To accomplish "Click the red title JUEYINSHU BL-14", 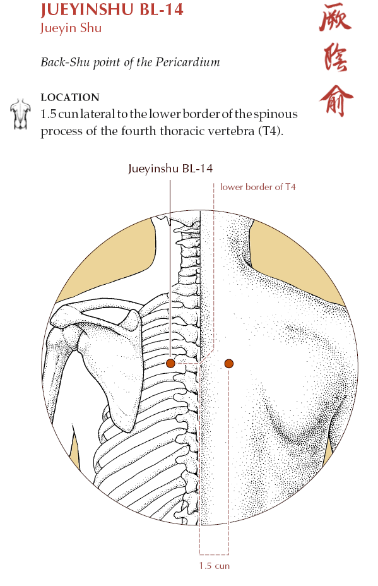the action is coord(112,9).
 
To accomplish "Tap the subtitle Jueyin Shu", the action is coord(71,28).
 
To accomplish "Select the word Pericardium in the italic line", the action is coord(187,62).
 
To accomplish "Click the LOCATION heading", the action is coord(70,97).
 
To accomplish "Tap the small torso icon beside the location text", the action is coord(20,114).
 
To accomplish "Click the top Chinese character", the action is coord(336,17).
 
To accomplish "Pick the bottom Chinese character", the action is coord(336,101).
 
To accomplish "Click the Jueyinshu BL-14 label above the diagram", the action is coord(170,169).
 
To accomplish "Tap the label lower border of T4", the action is coord(257,187).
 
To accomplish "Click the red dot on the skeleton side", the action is coord(170,363).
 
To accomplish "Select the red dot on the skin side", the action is coord(229,363).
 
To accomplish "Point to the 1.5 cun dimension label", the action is coord(214,566).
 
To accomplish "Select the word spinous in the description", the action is coord(276,114).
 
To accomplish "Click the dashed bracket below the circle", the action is coord(214,554).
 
